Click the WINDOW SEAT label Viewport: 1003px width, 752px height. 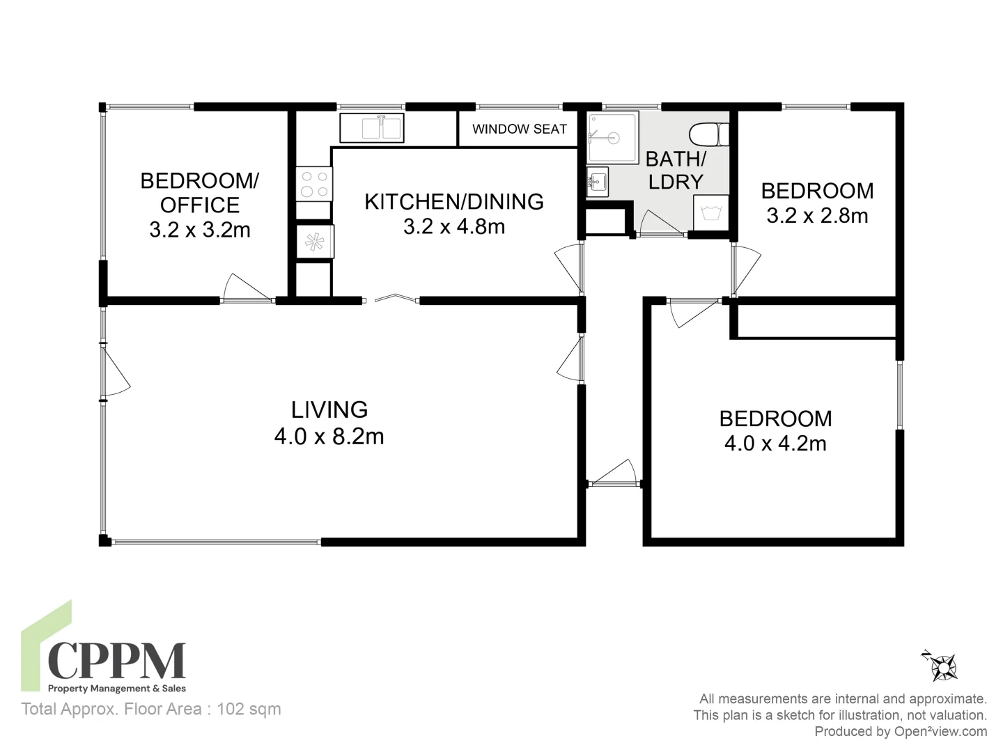pyautogui.click(x=519, y=129)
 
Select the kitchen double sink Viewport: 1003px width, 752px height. pyautogui.click(x=372, y=128)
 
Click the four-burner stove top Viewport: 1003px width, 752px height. pyautogui.click(x=313, y=183)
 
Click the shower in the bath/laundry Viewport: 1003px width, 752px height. pyautogui.click(x=612, y=137)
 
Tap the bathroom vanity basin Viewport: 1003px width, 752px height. pyautogui.click(x=597, y=182)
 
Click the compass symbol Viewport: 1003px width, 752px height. pyautogui.click(x=943, y=666)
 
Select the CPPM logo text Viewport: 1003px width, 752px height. pyautogui.click(x=116, y=660)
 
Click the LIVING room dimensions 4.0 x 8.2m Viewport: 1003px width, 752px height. pyautogui.click(x=329, y=437)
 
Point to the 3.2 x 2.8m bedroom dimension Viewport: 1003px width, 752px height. pyautogui.click(x=817, y=216)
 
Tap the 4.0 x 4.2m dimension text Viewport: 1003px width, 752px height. pyautogui.click(x=775, y=444)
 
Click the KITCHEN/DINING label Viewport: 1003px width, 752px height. pyautogui.click(x=453, y=202)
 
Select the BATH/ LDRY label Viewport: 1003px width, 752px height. pyautogui.click(x=676, y=171)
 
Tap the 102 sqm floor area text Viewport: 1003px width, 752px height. pyautogui.click(x=249, y=709)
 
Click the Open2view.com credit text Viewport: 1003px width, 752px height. pyautogui.click(x=901, y=731)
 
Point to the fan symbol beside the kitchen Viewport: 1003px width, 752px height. pyautogui.click(x=314, y=242)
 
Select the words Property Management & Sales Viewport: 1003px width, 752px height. pyautogui.click(x=116, y=689)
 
